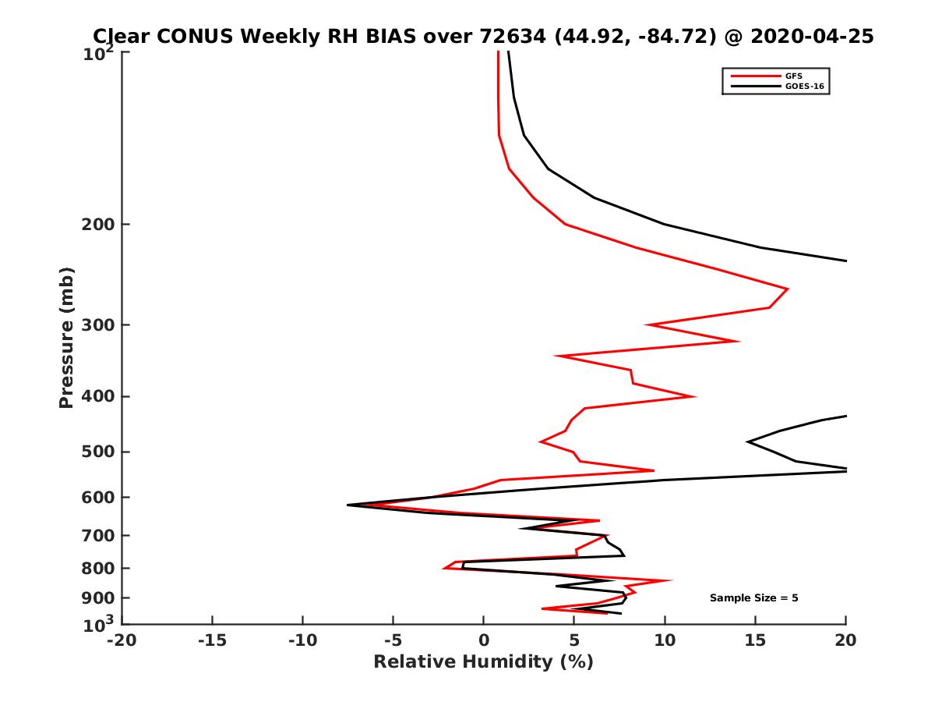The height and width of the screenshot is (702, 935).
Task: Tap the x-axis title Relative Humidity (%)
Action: [x=483, y=662]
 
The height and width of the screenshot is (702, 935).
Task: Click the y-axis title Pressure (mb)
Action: [x=66, y=338]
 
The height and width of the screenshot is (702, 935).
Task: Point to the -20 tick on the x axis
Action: [x=122, y=640]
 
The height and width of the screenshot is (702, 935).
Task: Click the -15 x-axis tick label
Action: [x=212, y=640]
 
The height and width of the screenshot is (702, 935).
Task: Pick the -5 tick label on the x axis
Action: [x=393, y=640]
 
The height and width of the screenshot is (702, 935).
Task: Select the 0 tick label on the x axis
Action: [x=483, y=640]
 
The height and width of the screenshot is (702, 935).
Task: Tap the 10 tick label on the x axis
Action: [x=665, y=640]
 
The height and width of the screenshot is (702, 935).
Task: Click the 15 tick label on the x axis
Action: [x=755, y=640]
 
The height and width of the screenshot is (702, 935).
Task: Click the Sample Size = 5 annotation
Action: [x=753, y=598]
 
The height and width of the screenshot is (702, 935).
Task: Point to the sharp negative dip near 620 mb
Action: [x=348, y=505]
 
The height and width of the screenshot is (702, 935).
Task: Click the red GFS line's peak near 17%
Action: [x=787, y=289]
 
